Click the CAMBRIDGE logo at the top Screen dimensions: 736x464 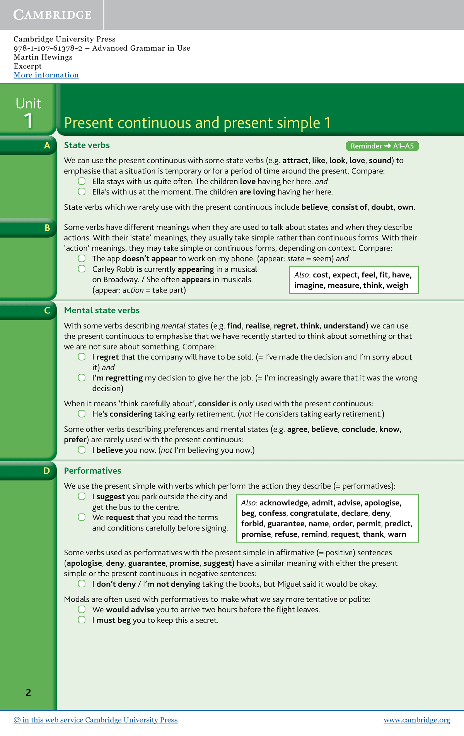(52, 15)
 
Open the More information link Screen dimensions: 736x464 (46, 75)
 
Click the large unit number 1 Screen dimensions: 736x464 (28, 120)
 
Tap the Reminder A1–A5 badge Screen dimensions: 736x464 (382, 146)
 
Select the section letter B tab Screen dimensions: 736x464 (47, 228)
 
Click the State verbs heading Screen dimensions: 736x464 (87, 145)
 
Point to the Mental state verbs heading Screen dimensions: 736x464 (102, 310)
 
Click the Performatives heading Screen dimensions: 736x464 (92, 471)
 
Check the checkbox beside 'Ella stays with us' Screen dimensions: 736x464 (82, 181)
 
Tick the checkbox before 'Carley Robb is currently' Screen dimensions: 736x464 (82, 269)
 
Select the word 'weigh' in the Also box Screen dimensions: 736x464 (397, 286)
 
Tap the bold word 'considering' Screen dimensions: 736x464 (131, 414)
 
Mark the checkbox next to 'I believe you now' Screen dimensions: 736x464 (82, 450)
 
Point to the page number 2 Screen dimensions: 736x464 (28, 692)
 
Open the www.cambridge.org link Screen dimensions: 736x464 (416, 720)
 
